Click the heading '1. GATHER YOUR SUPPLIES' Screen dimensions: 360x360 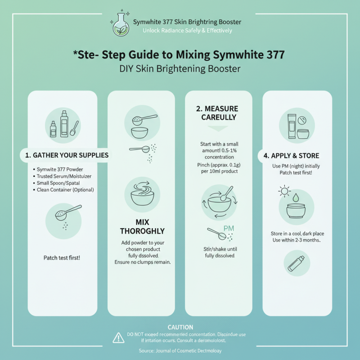(x=67, y=155)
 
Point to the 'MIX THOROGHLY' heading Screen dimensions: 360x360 (x=141, y=227)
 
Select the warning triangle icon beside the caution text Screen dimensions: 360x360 (x=118, y=337)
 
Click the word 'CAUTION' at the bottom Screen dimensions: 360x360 (x=180, y=327)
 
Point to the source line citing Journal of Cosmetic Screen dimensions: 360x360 (x=180, y=351)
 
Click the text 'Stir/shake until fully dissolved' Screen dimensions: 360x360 (x=218, y=252)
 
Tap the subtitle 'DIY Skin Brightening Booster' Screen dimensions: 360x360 (x=180, y=70)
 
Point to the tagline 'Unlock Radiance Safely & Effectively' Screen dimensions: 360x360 (x=187, y=31)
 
